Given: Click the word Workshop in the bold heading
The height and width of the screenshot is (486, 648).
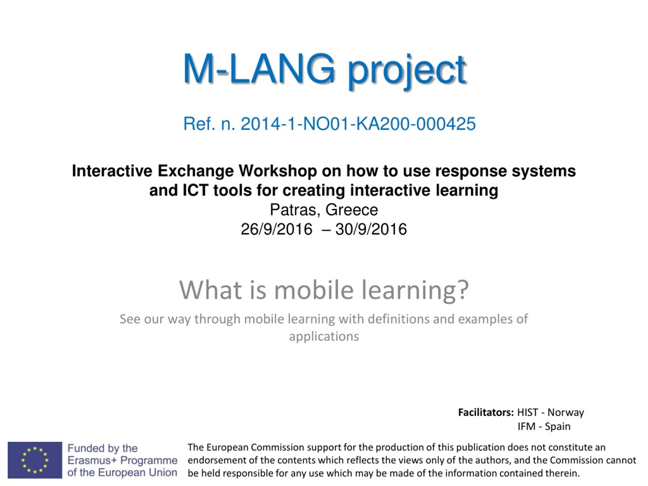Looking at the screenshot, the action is pos(277,171).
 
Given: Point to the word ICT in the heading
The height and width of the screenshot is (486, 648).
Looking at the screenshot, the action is pos(195,190).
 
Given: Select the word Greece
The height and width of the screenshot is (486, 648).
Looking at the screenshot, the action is pos(352,210).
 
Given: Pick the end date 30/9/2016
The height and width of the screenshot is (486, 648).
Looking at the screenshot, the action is pos(371,229).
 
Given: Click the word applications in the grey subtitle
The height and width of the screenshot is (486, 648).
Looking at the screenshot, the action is pos(324,336).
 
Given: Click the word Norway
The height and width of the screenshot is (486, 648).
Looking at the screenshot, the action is pos(566,413).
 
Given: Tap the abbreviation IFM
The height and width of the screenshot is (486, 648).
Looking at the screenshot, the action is pos(526,426).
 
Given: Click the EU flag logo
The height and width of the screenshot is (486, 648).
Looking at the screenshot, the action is pos(35,460).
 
